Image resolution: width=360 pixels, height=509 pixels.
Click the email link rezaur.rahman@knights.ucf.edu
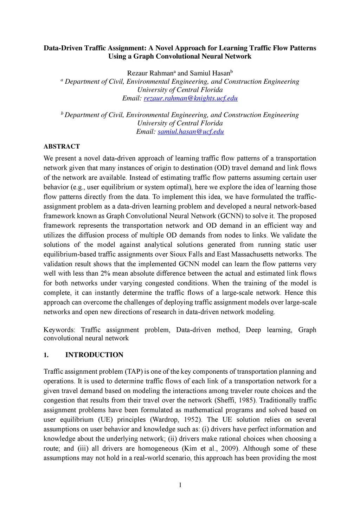pyautogui.click(x=191, y=98)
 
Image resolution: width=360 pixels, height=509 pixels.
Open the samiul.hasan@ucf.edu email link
pyautogui.click(x=191, y=132)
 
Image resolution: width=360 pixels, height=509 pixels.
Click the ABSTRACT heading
pyautogui.click(x=62, y=147)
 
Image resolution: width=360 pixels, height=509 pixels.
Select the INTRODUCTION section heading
pyautogui.click(x=94, y=355)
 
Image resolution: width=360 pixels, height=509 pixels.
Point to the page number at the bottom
pyautogui.click(x=180, y=485)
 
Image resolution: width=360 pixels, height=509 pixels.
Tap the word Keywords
pyautogui.click(x=59, y=330)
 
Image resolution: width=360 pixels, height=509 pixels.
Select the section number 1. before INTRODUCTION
pyautogui.click(x=46, y=355)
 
